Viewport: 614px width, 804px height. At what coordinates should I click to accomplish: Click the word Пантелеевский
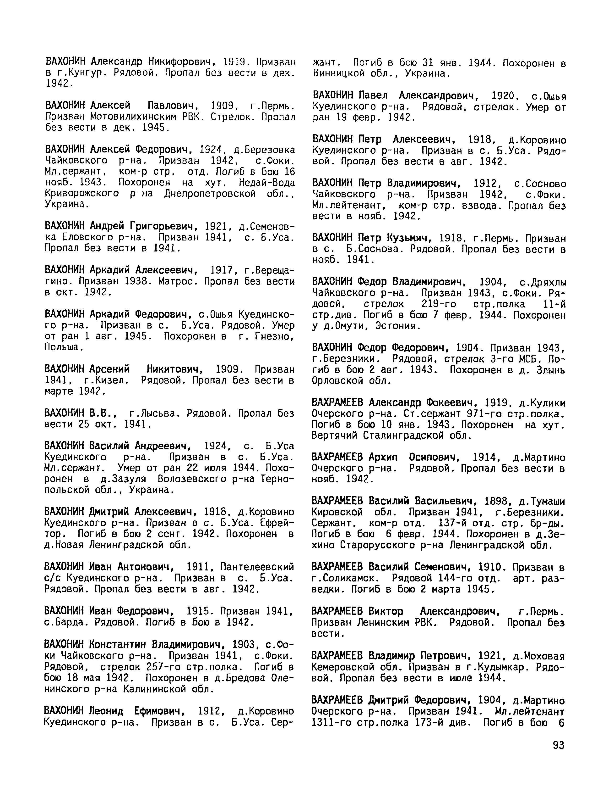coord(257,567)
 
